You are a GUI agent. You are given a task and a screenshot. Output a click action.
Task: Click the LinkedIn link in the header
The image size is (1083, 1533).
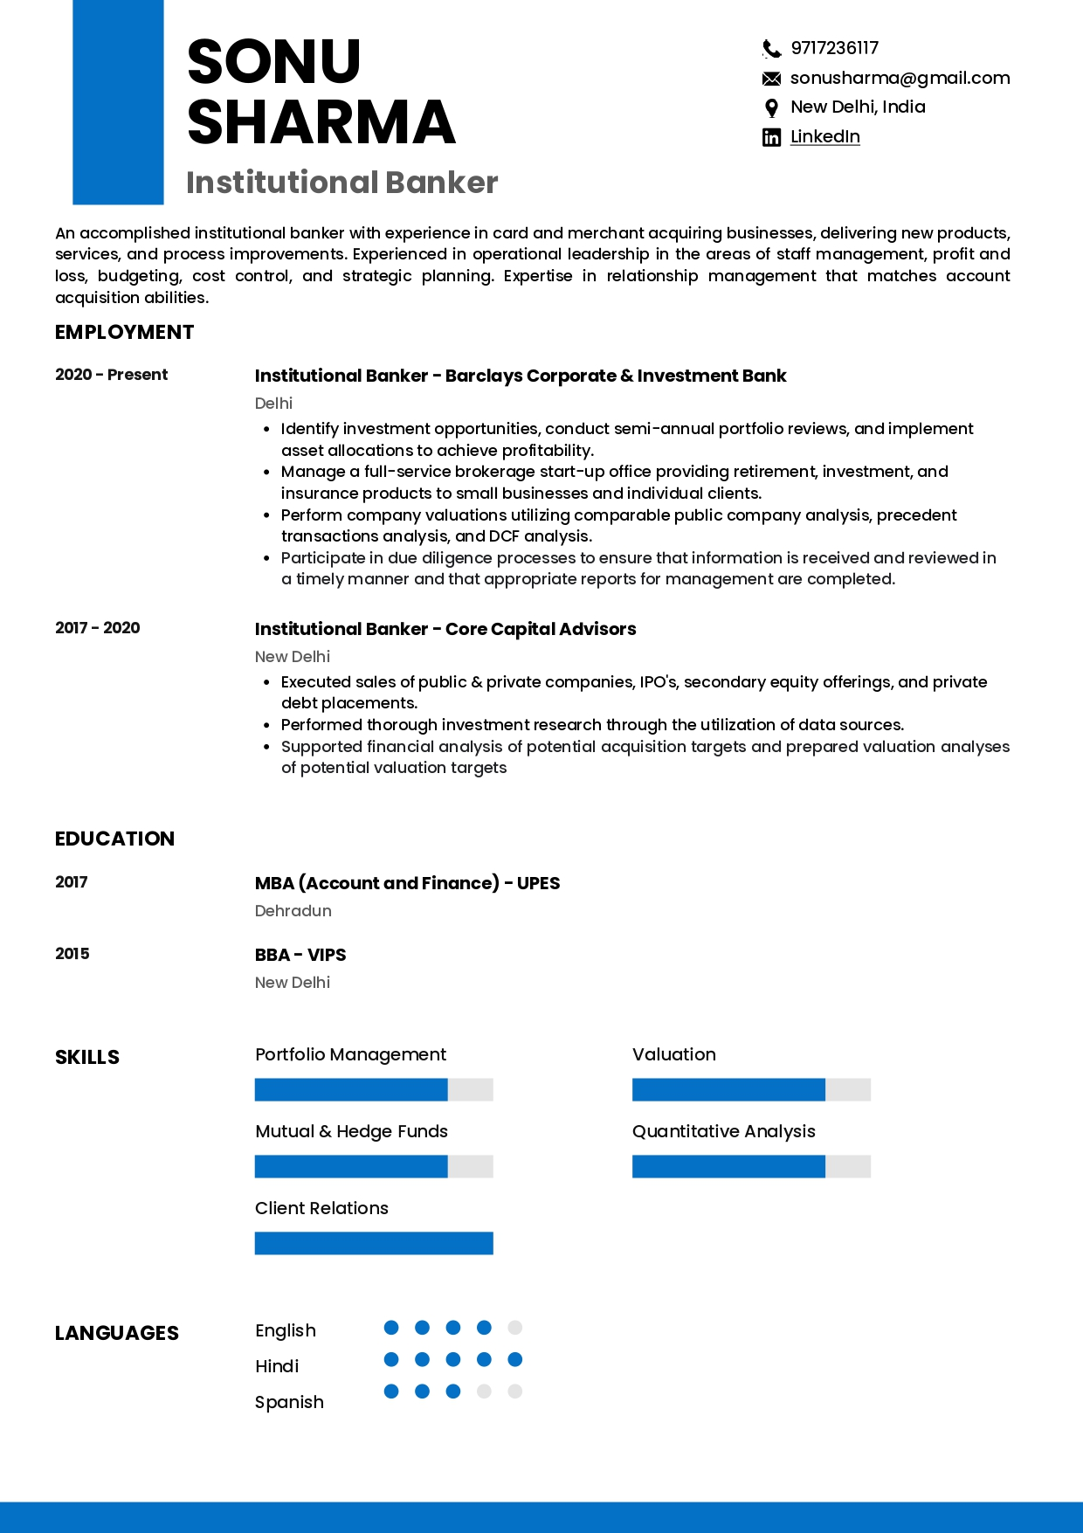(824, 137)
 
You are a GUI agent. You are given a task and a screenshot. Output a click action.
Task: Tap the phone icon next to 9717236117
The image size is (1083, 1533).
(771, 49)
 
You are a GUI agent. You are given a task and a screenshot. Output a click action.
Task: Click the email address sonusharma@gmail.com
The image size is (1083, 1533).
(900, 79)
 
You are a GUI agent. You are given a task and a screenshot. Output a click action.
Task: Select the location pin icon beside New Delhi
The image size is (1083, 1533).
(771, 108)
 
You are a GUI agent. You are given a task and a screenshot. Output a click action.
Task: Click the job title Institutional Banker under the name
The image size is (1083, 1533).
(341, 183)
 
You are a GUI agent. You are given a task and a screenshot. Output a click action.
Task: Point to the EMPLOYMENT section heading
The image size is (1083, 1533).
(124, 333)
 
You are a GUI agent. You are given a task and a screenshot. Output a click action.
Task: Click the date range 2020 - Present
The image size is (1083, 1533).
(111, 375)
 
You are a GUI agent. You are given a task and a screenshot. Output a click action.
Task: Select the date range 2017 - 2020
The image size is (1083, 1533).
(97, 628)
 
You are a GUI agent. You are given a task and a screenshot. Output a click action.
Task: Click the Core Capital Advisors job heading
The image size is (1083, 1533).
(445, 630)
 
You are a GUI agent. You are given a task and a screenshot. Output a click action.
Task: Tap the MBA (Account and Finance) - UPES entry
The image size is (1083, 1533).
(407, 883)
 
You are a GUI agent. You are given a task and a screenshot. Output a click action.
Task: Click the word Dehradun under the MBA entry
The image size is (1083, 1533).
(293, 911)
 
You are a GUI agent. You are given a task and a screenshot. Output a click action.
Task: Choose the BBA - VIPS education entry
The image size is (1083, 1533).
(300, 955)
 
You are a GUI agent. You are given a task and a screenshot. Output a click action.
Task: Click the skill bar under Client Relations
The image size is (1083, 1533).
(374, 1243)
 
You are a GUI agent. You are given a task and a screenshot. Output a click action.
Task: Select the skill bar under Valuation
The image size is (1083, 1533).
(751, 1089)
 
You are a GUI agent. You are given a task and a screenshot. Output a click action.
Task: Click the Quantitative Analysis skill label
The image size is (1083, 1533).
(723, 1132)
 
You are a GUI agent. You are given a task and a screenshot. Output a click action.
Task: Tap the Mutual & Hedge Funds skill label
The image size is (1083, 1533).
(351, 1132)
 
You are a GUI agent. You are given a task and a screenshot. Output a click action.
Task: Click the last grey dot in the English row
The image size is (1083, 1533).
(515, 1328)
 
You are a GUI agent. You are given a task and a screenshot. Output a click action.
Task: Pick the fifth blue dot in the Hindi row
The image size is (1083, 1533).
(515, 1359)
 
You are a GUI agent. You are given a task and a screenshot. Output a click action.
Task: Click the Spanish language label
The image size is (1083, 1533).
(289, 1402)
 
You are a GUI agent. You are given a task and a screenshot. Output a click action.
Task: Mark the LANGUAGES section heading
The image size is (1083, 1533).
(117, 1334)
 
